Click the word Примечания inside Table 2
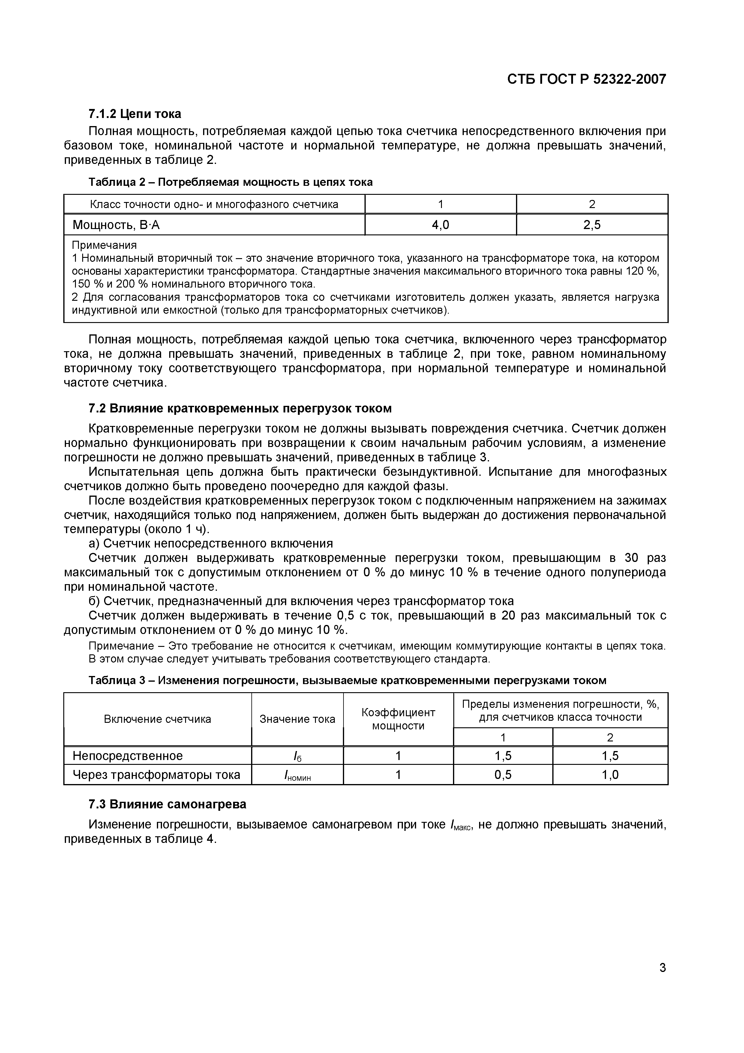(x=104, y=245)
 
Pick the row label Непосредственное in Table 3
(x=127, y=756)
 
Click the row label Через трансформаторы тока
(x=156, y=775)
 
